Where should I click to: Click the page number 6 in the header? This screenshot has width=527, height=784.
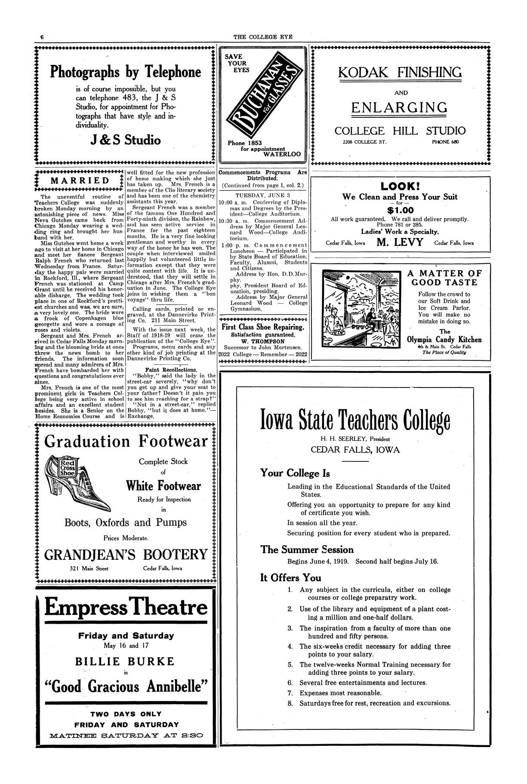[x=42, y=37]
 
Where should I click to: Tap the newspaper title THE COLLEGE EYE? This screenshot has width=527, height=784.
[x=262, y=37]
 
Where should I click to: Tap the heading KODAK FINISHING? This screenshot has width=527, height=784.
[x=400, y=72]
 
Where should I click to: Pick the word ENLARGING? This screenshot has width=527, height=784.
[x=399, y=107]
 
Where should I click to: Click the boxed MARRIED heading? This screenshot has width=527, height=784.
[x=80, y=180]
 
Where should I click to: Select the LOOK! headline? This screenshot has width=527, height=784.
[x=400, y=186]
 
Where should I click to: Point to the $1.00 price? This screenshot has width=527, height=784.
[x=400, y=210]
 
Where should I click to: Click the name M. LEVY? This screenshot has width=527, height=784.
[x=400, y=243]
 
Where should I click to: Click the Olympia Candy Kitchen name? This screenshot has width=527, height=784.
[x=444, y=340]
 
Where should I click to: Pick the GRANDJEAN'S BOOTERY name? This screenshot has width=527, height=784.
[x=126, y=554]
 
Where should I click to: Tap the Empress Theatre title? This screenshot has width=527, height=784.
[x=126, y=608]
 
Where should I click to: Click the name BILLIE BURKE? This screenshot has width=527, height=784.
[x=125, y=661]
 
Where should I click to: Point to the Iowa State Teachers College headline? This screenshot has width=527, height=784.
[x=356, y=421]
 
